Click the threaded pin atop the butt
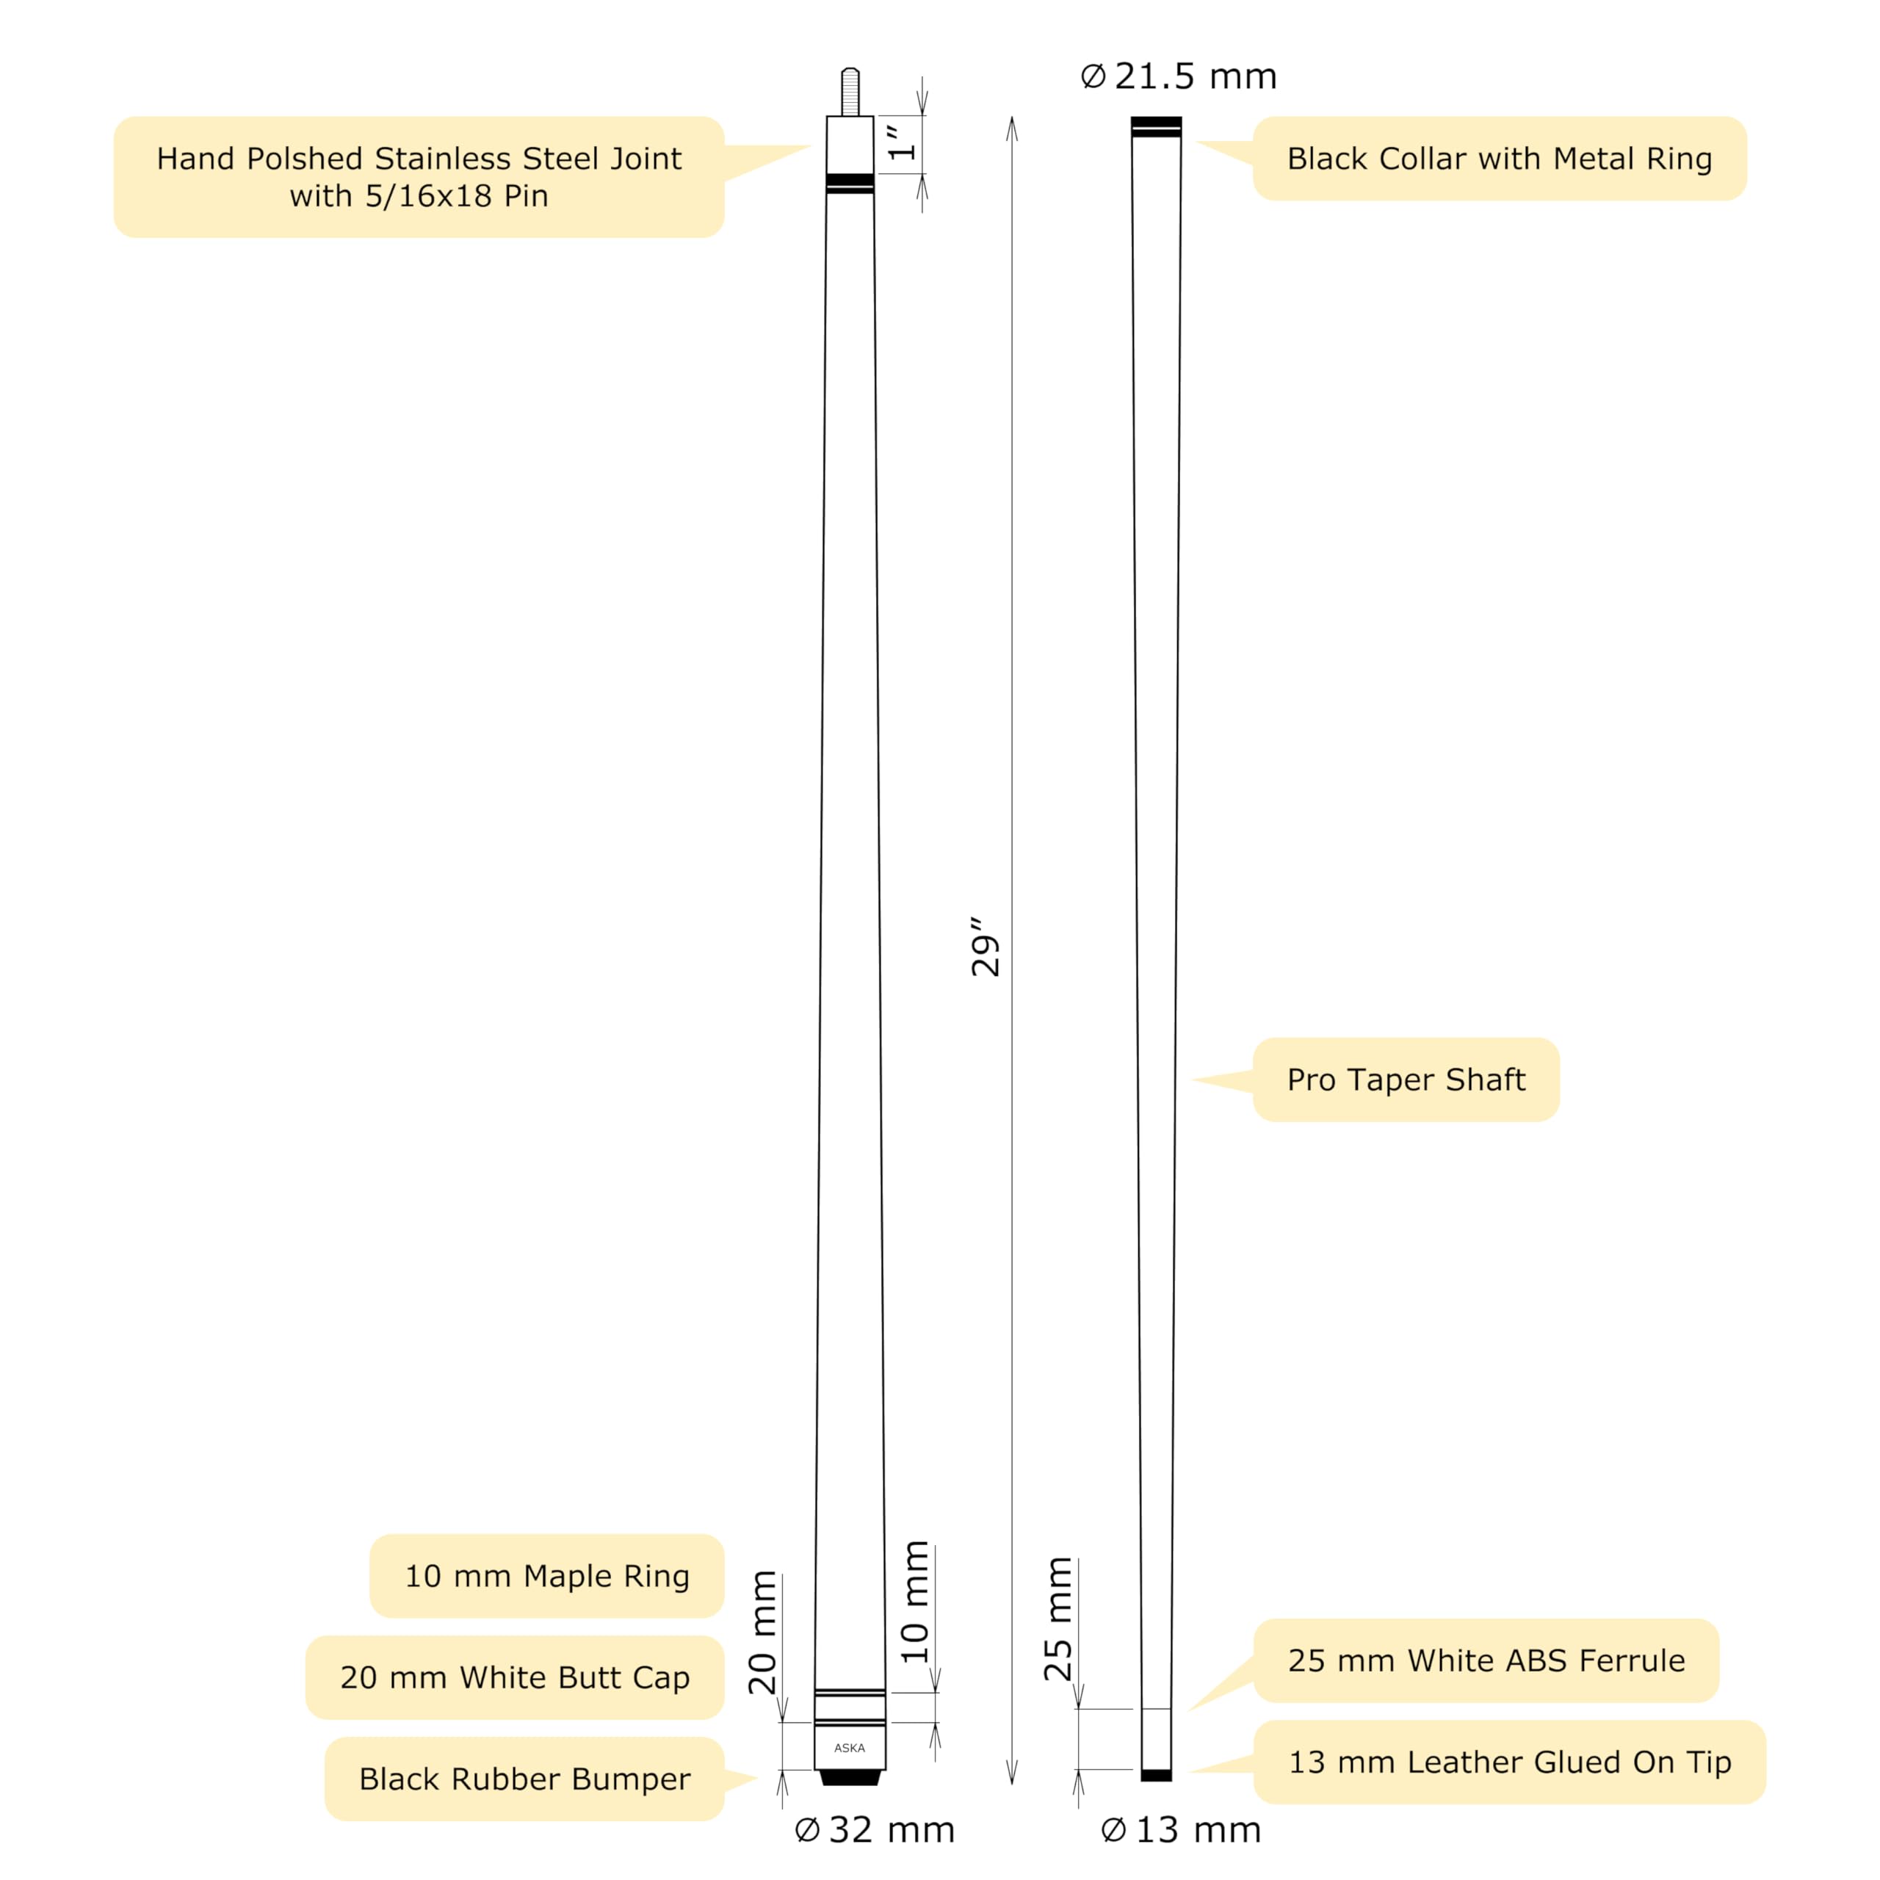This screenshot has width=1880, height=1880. tap(850, 93)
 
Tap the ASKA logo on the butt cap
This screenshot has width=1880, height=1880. tap(850, 1748)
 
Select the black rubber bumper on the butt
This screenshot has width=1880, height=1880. tap(850, 1778)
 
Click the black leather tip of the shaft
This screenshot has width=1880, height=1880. tap(1156, 1775)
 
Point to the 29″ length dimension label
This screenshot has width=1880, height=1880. tap(985, 946)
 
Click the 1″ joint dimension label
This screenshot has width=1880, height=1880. tap(902, 142)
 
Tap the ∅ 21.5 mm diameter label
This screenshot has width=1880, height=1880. tap(1179, 76)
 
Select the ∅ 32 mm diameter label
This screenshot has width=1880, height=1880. tap(875, 1829)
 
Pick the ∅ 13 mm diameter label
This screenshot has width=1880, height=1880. tap(1180, 1829)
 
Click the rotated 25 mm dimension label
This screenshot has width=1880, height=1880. tap(1057, 1619)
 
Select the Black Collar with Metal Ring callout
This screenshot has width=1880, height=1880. tap(1499, 159)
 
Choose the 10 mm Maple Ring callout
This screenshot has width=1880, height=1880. tap(547, 1575)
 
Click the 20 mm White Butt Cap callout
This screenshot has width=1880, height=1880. tap(515, 1677)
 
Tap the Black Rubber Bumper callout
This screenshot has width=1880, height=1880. tap(524, 1779)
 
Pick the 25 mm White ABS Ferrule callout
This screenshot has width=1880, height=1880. tap(1486, 1660)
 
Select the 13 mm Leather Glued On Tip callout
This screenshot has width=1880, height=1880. tap(1509, 1761)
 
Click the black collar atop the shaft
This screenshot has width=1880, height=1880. tap(1156, 126)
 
